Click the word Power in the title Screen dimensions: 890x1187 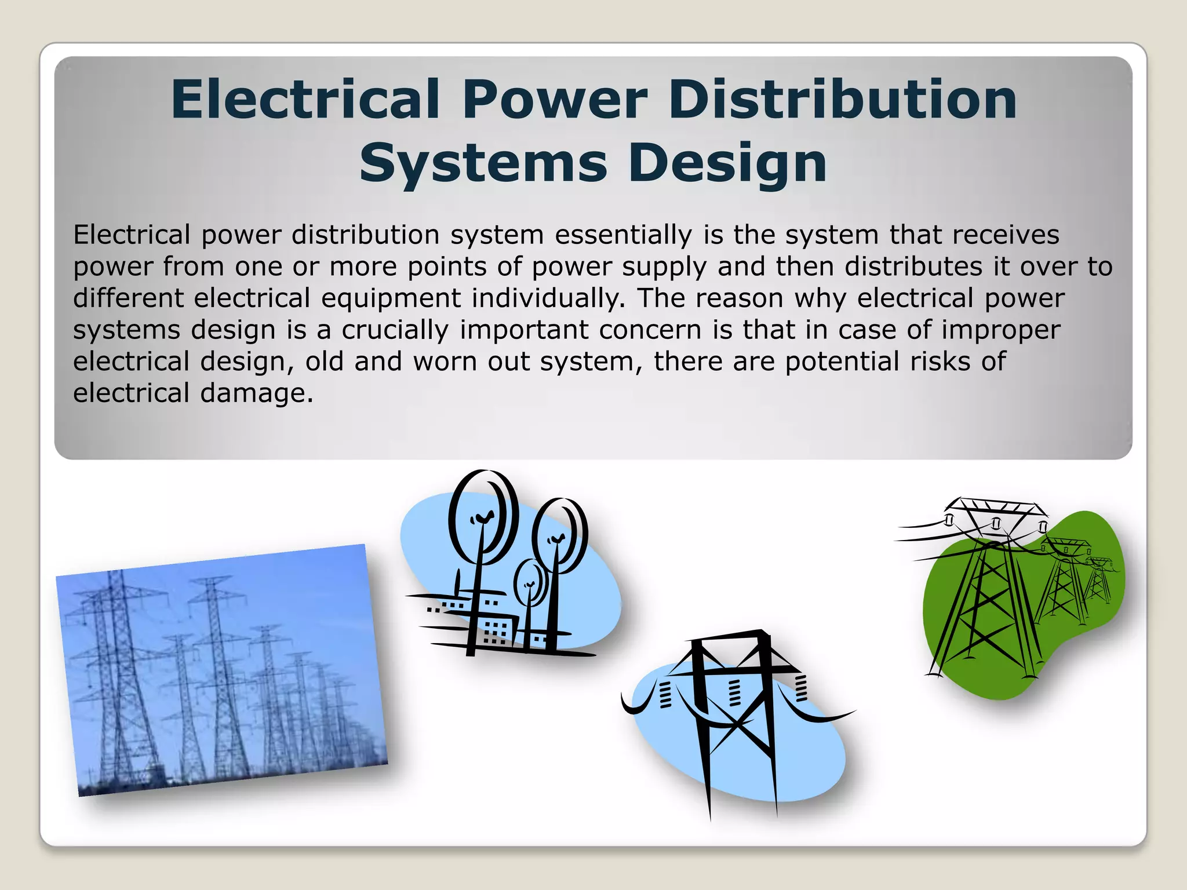554,99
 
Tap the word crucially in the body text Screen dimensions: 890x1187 395,330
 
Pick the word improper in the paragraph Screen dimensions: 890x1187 1001,330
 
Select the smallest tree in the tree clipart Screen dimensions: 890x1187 529,582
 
